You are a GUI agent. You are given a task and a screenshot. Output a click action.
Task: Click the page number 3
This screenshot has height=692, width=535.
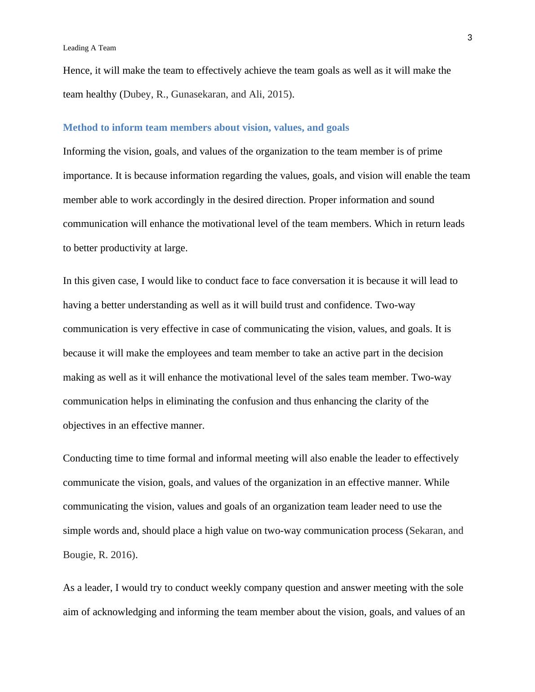pos(470,38)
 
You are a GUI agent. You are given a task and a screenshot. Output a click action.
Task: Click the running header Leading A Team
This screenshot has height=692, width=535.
pos(89,48)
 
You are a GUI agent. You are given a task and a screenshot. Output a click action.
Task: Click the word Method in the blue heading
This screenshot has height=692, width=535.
pos(79,128)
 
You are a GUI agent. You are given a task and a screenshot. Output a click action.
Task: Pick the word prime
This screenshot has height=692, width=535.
pos(430,151)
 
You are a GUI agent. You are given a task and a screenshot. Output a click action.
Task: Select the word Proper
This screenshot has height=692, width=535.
pos(323,200)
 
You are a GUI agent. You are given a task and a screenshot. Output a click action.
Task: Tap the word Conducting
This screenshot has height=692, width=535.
pos(86,458)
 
